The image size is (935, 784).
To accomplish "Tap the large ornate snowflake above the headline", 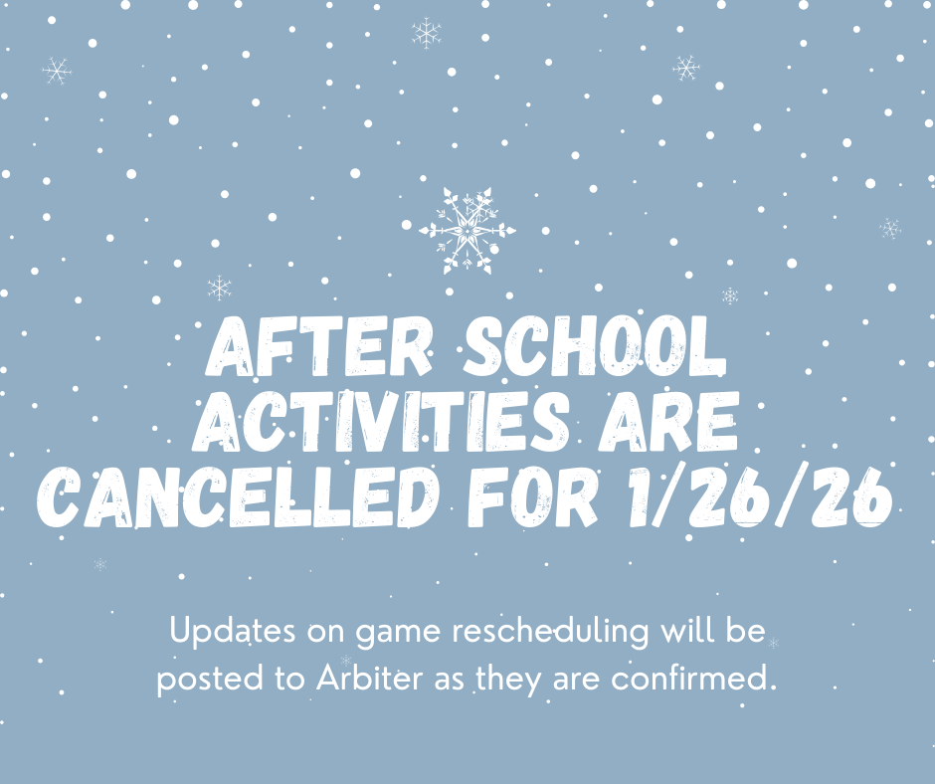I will point(467,231).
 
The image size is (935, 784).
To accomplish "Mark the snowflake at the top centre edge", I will point(427,33).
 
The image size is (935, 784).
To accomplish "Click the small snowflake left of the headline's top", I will point(219,288).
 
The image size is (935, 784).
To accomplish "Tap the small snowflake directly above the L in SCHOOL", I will point(730,295).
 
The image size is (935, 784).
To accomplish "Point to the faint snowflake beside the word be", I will point(773,643).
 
